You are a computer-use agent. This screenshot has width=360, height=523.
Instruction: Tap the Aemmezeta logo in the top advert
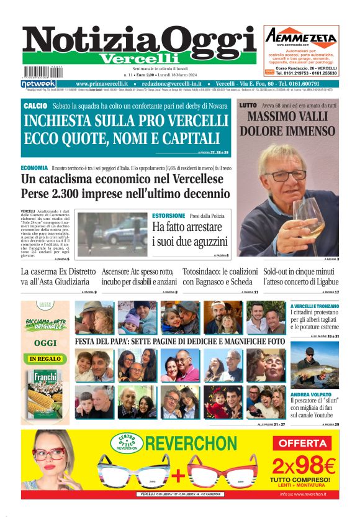[301, 37]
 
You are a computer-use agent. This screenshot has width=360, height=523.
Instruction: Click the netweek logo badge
[38, 83]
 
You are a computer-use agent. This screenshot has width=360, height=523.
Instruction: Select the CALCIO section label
[35, 106]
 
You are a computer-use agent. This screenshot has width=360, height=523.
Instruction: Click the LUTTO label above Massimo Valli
[248, 106]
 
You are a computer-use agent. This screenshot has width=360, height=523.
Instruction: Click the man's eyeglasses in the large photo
[286, 175]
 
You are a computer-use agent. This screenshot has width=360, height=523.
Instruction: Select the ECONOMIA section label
[34, 168]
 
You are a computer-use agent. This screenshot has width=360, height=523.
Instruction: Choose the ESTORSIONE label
[169, 216]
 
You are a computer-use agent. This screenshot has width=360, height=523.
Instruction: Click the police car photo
[112, 234]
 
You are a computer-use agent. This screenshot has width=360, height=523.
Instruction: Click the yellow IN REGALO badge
[45, 358]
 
